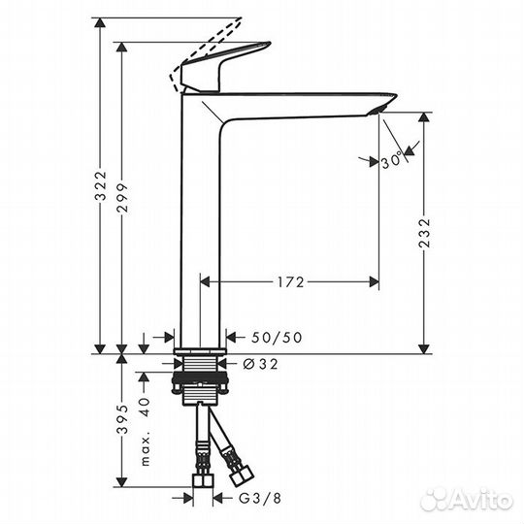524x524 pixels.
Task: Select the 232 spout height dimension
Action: click(x=423, y=233)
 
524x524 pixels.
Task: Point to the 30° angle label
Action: click(x=391, y=162)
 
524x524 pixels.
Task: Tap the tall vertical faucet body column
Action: click(x=200, y=223)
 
